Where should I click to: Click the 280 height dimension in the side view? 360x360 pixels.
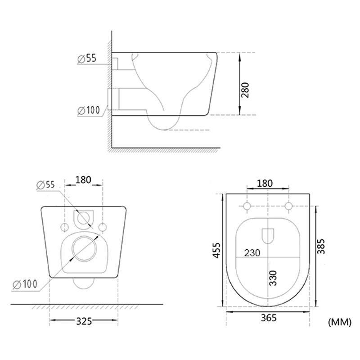(x=245, y=90)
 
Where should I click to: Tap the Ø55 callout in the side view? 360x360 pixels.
(x=87, y=58)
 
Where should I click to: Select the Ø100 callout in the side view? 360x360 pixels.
(x=89, y=110)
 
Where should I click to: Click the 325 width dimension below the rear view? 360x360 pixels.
(x=84, y=321)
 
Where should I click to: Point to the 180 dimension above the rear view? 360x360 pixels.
(x=83, y=180)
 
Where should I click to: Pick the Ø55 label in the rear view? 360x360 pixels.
(x=46, y=185)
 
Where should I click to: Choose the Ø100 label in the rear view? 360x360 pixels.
(x=25, y=284)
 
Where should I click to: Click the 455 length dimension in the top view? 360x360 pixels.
(x=217, y=250)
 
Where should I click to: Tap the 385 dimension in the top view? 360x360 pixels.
(x=321, y=246)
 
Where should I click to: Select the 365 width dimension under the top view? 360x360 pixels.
(x=269, y=318)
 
